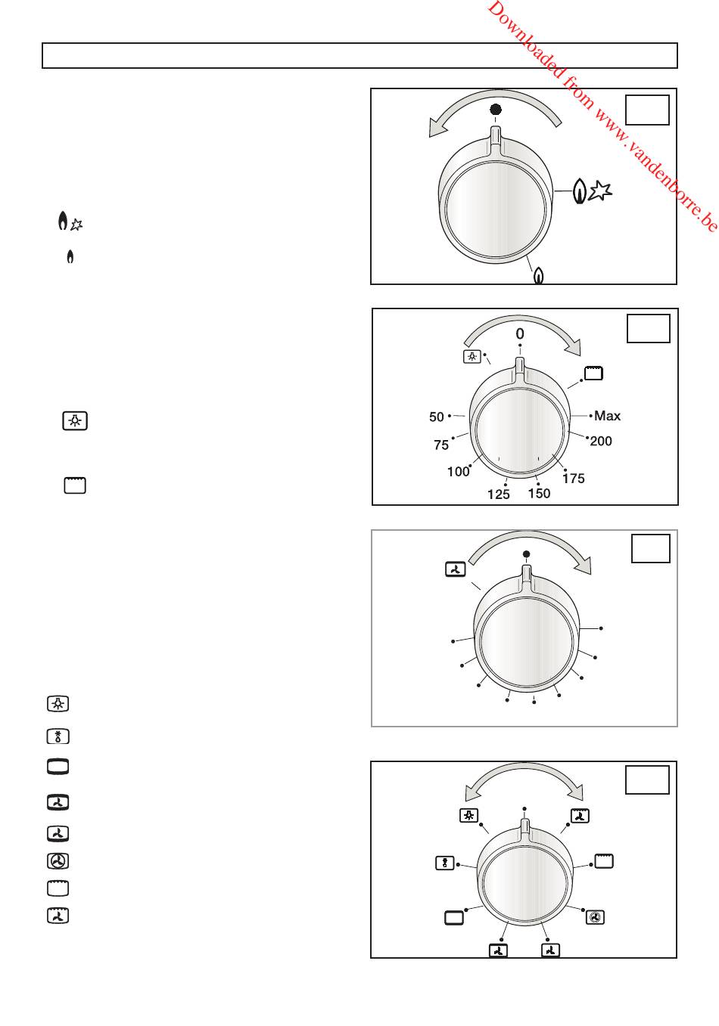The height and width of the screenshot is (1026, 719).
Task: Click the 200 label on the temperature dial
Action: (601, 441)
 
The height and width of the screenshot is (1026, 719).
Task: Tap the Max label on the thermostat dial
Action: (607, 416)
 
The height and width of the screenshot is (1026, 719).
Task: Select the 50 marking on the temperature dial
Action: (436, 417)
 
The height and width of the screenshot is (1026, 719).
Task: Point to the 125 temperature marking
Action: (499, 494)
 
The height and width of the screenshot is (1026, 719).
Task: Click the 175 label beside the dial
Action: (574, 479)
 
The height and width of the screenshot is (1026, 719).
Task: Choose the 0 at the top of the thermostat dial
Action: (519, 333)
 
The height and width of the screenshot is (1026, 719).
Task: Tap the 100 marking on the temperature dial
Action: (458, 471)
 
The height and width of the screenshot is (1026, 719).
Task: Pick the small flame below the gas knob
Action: (539, 275)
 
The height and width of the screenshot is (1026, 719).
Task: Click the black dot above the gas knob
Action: (496, 110)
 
